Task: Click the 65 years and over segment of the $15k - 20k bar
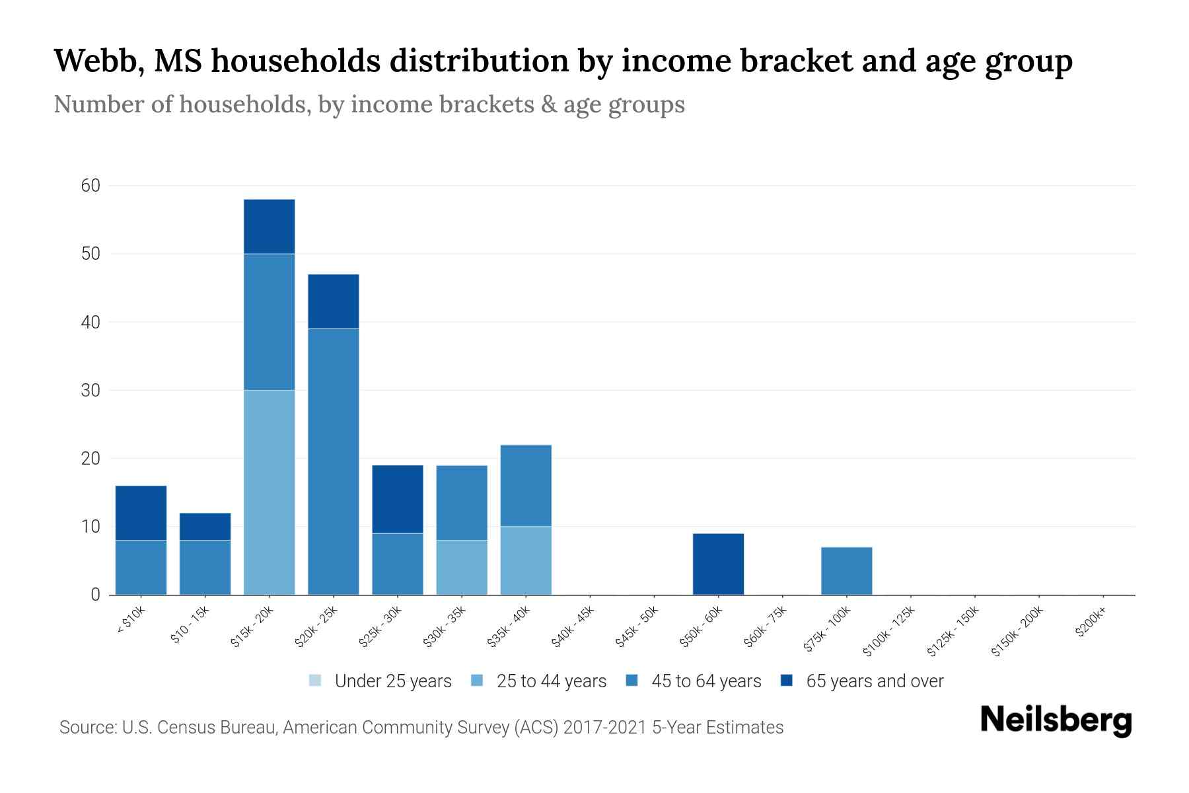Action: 269,226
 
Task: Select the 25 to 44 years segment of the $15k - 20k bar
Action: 269,492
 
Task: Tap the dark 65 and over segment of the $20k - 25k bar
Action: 333,301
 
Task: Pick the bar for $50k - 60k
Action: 718,564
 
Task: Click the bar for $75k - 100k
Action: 846,571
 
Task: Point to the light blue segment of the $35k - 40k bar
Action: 526,560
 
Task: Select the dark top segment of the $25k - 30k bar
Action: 397,499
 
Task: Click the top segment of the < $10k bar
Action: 141,513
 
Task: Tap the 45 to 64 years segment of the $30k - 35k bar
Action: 462,502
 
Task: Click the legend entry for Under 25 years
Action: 380,681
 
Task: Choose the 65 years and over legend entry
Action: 862,681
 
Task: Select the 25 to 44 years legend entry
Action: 539,681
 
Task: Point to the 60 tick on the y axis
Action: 90,186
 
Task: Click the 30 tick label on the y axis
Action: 90,391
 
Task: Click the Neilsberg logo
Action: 1056,720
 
